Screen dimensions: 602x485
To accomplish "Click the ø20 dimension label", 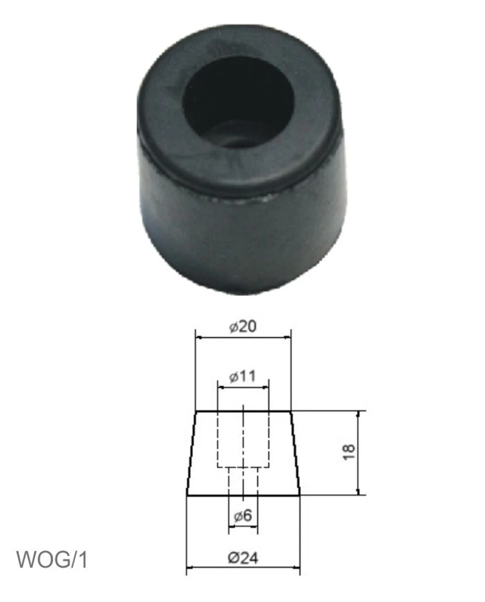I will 242,327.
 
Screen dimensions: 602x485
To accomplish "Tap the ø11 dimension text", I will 242,377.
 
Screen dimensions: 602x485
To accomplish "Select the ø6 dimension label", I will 242,515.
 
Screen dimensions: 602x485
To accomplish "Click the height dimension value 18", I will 349,451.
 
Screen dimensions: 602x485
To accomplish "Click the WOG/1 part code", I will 52,560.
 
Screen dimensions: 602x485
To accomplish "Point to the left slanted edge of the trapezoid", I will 191,453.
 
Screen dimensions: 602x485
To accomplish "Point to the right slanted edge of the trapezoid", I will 295,453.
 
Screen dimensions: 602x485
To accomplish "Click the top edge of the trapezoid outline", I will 242,411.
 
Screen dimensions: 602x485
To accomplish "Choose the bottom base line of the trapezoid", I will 242,495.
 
